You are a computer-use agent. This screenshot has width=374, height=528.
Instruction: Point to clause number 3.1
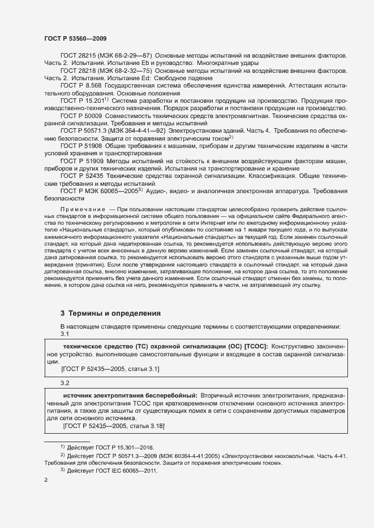65,334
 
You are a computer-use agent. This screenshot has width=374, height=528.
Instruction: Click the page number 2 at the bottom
46,480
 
